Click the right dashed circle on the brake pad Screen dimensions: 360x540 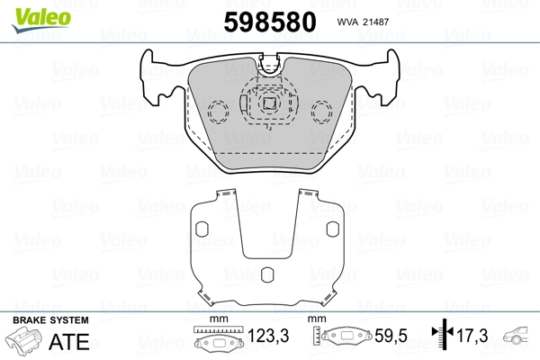(321, 112)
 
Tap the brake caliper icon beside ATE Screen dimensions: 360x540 (25, 342)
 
